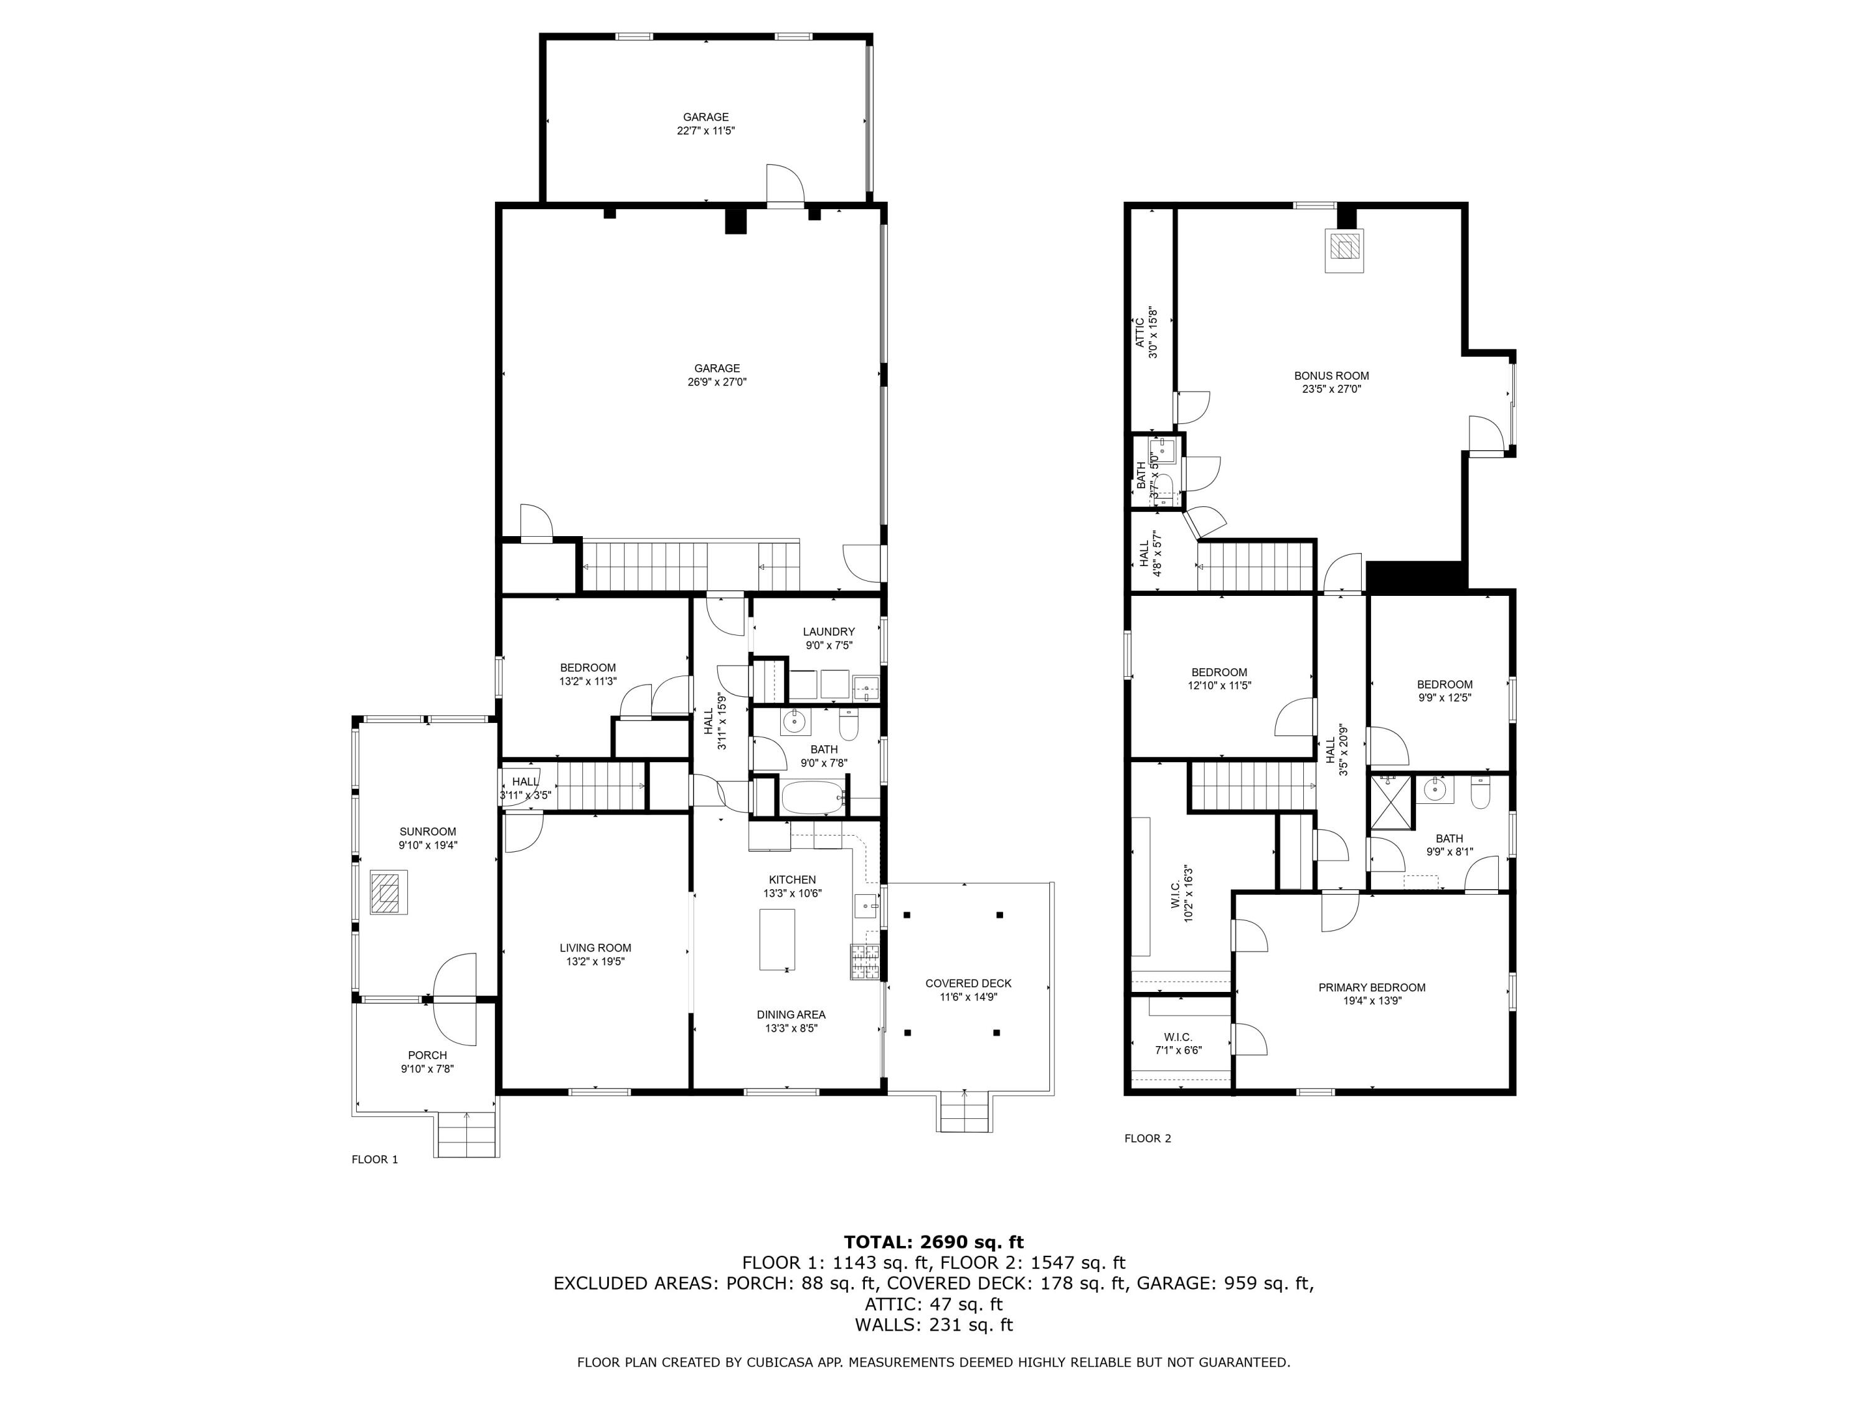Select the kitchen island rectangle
[777, 939]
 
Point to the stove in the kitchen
[865, 961]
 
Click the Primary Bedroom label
[1372, 987]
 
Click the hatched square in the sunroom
[389, 894]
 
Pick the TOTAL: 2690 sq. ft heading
[933, 1242]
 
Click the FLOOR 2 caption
[1147, 1138]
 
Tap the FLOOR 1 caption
[374, 1159]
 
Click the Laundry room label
[828, 631]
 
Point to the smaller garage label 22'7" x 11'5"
[706, 131]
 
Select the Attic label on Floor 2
[1140, 332]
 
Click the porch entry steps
[467, 1135]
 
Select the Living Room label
[595, 948]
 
